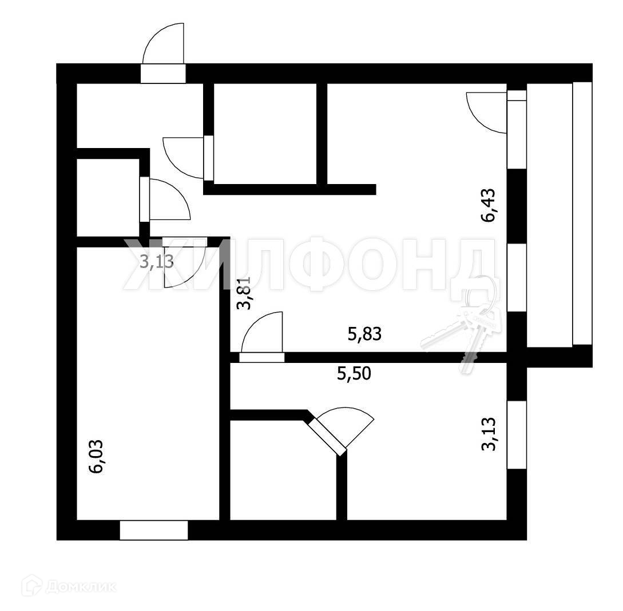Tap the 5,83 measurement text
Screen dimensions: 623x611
click(364, 334)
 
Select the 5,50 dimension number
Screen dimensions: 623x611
click(354, 374)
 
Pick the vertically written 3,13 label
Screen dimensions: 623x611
click(491, 435)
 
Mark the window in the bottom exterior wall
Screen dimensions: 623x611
click(153, 530)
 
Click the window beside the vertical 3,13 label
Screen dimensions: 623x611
click(517, 435)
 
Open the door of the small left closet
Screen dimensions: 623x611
click(166, 200)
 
